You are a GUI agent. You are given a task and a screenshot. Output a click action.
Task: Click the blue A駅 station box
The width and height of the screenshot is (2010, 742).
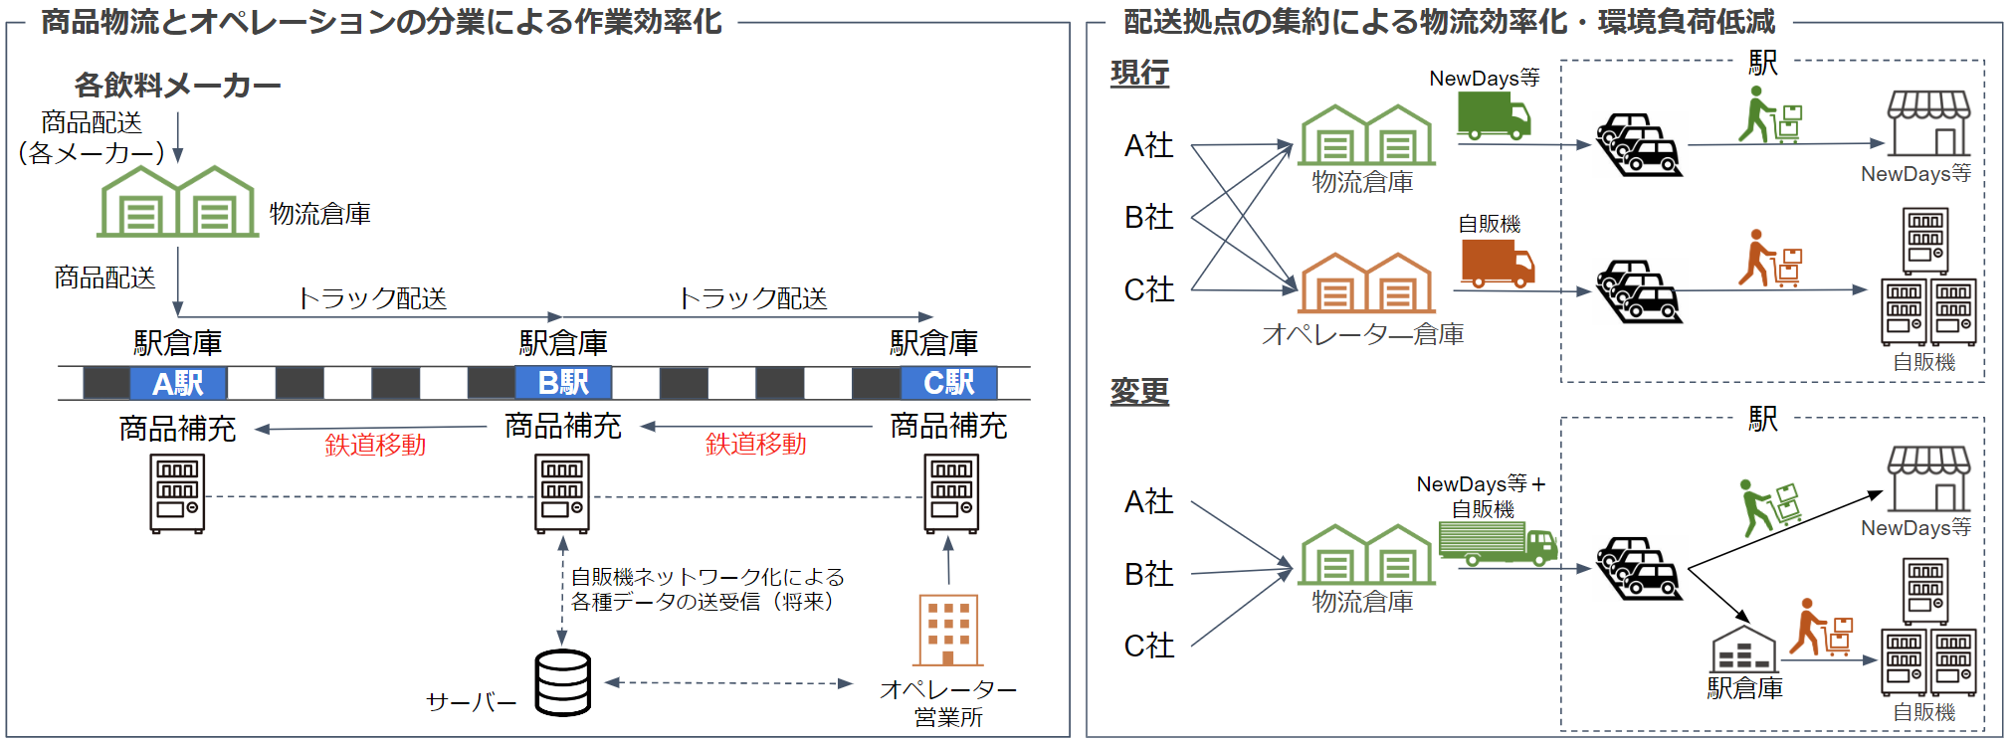[x=178, y=383]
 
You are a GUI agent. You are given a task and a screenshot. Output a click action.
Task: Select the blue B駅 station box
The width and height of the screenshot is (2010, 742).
[x=563, y=383]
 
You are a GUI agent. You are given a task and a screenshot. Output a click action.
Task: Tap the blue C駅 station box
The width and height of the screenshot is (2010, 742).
[x=948, y=383]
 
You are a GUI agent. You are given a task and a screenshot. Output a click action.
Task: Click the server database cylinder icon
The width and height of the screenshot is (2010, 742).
[x=563, y=682]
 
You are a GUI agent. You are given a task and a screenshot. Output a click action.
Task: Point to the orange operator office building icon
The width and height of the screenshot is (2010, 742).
[x=947, y=631]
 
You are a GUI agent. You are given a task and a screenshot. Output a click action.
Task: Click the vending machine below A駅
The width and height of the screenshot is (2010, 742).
[x=177, y=493]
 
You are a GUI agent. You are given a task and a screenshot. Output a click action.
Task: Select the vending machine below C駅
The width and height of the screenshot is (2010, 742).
[x=951, y=493]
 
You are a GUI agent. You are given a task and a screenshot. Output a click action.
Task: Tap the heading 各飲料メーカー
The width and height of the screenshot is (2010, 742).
[x=177, y=86]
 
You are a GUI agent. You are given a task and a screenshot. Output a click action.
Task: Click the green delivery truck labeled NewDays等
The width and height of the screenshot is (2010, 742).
[x=1494, y=114]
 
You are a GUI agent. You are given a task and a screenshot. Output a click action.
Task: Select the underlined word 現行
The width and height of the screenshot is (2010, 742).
[x=1139, y=73]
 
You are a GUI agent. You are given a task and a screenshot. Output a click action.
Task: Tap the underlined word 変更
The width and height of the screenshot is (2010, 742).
[x=1139, y=391]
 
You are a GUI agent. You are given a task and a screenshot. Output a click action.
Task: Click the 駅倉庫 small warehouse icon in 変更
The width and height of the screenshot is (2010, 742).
[x=1743, y=649]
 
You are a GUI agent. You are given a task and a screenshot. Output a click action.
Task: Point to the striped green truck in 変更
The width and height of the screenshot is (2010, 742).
[x=1498, y=543]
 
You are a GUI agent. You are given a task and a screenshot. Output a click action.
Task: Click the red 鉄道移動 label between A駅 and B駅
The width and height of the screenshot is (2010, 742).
[x=375, y=445]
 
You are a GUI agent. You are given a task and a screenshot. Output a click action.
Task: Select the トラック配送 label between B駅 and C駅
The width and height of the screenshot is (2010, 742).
[x=752, y=298]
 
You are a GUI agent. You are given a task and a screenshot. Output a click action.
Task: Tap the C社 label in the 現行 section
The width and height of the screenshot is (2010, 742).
[x=1149, y=289]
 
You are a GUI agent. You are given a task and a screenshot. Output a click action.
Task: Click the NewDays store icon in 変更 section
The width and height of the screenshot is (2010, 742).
[x=1928, y=478]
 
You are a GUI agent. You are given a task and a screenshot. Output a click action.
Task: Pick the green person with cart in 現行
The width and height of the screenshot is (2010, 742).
[x=1769, y=115]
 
